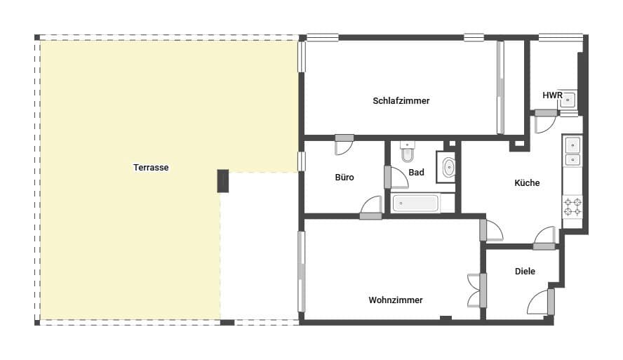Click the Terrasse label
(x=152, y=168)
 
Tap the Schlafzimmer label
(x=401, y=101)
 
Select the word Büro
(x=344, y=178)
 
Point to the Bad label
(x=416, y=173)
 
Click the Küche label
(x=527, y=183)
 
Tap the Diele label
(x=525, y=272)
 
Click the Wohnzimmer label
(x=396, y=300)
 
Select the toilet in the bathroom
(x=408, y=151)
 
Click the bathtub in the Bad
(x=415, y=204)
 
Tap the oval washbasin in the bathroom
(x=449, y=167)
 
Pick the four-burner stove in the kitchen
(x=572, y=206)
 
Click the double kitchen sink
(x=572, y=152)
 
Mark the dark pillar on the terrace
(x=224, y=180)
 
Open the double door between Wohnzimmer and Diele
(x=478, y=289)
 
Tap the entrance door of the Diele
(x=541, y=302)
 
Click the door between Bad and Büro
(x=396, y=178)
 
